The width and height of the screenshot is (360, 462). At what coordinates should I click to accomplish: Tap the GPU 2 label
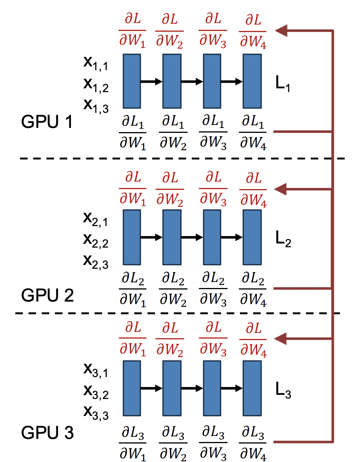47,295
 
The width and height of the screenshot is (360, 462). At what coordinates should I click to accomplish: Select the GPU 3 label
47,433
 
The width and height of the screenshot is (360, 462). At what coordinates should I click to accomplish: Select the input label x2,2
96,241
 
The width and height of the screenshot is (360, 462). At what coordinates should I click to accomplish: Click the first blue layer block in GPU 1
132,81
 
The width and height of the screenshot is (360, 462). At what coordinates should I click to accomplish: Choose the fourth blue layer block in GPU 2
252,237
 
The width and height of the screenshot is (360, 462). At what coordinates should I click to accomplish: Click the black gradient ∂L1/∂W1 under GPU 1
132,133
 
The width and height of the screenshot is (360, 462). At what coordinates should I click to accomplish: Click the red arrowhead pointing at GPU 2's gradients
282,189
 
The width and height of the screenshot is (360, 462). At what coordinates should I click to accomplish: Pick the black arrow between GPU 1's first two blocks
151,81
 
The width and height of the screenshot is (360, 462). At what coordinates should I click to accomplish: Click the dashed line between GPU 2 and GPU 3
177,313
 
